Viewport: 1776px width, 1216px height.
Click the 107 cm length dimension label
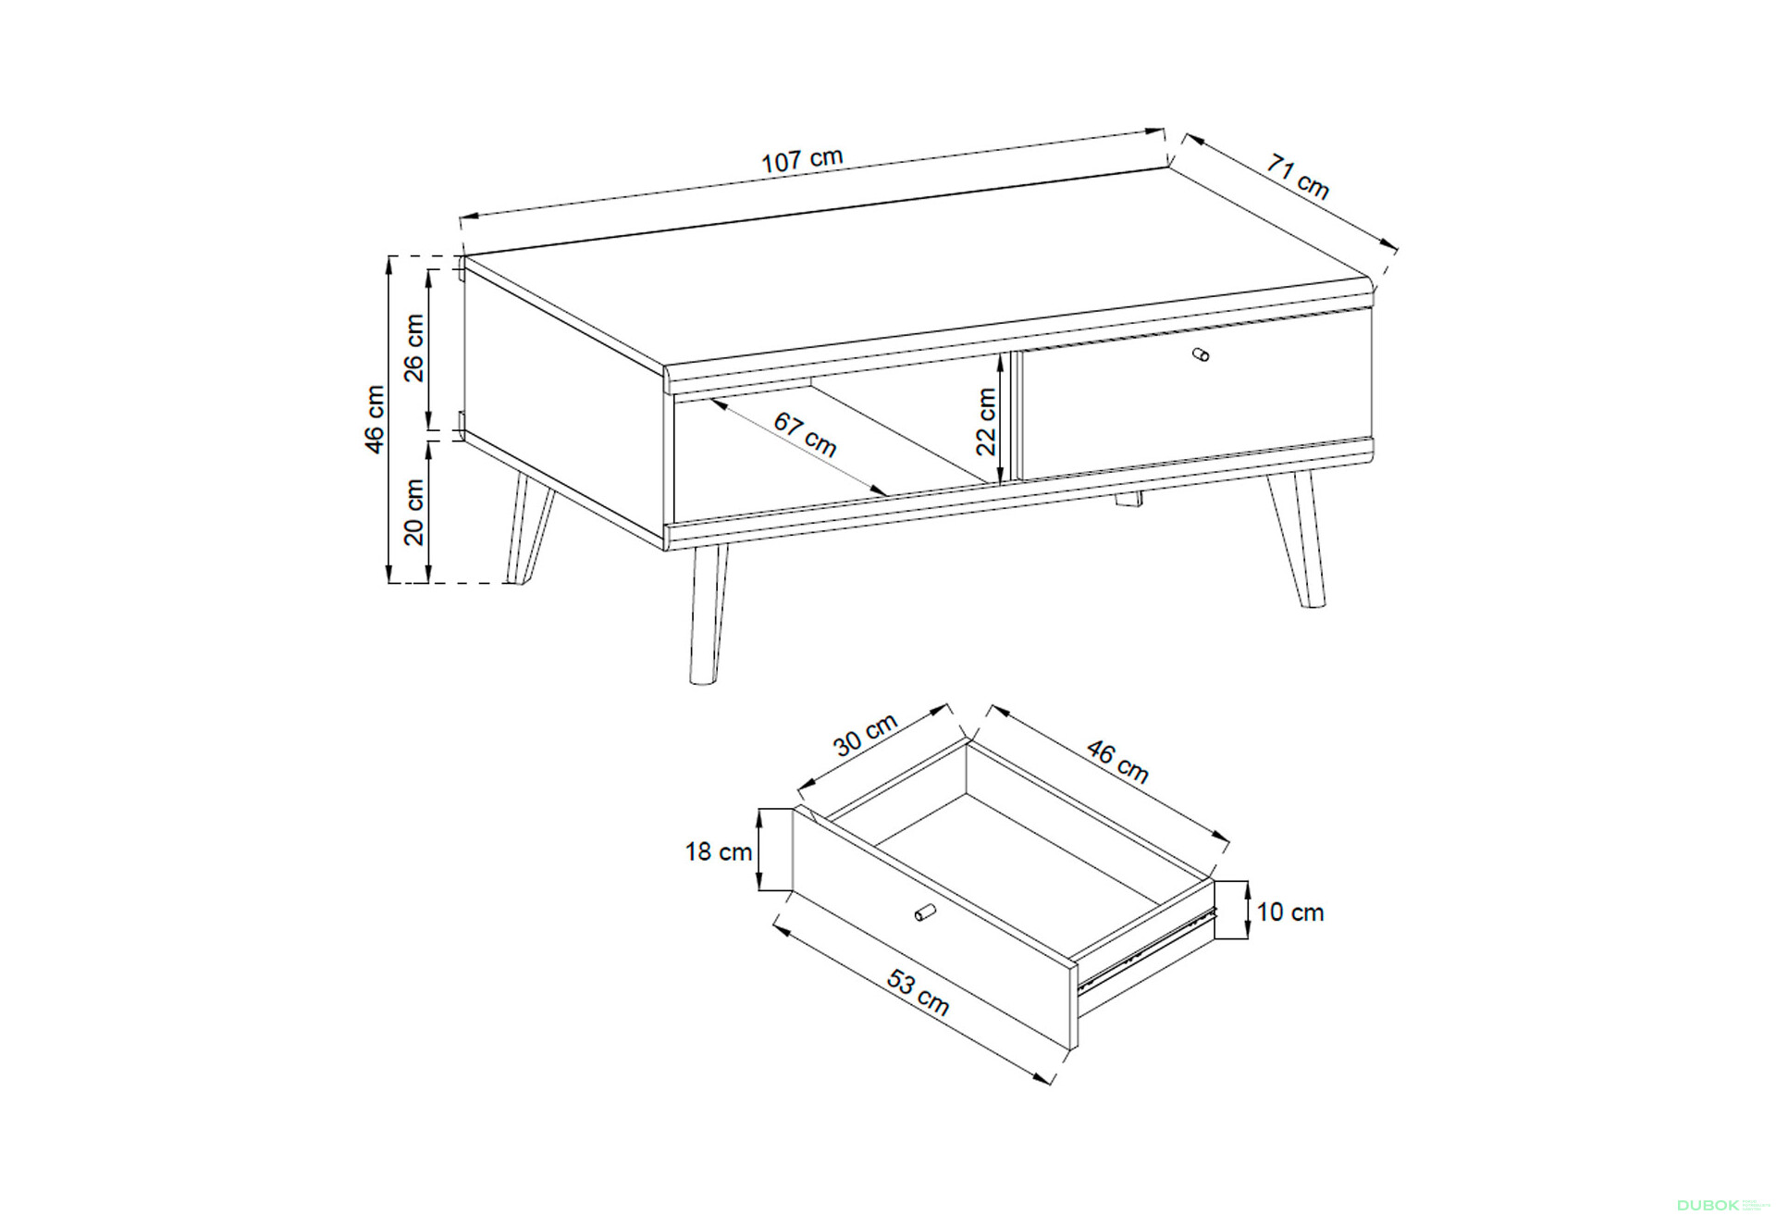pos(802,160)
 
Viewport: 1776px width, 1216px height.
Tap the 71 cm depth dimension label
pos(1298,177)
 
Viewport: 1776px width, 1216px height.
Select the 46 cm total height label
pos(375,419)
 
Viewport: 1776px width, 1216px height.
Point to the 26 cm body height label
pos(413,348)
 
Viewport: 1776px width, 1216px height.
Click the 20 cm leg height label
pos(413,512)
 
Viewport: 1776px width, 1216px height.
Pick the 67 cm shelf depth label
pos(805,435)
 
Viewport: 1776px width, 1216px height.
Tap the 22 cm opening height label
pos(987,422)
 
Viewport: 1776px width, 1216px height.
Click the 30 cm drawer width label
pos(866,735)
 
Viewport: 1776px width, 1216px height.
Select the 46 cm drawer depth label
pos(1117,762)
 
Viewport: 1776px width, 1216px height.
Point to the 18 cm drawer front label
pos(719,851)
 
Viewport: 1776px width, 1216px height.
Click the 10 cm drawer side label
pos(1290,912)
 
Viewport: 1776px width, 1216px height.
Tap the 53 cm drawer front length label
pos(918,992)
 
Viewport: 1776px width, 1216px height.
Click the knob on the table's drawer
pos(1201,354)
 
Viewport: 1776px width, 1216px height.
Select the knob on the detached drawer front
pos(925,912)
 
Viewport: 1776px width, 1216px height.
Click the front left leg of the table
pos(708,614)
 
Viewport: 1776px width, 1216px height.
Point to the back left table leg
pos(528,528)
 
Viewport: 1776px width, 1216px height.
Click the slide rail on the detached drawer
pos(1146,949)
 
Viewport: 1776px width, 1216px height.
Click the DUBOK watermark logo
pos(1708,1205)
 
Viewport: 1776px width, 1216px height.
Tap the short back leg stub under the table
pos(1128,500)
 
